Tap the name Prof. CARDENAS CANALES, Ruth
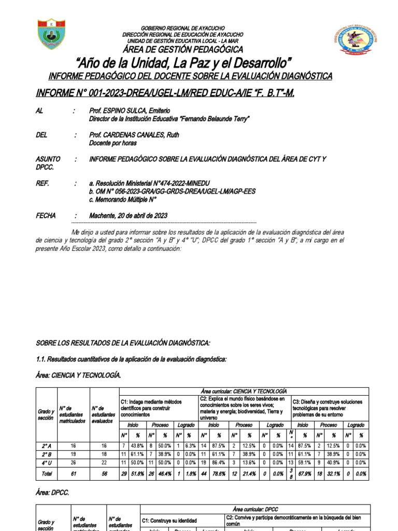(x=134, y=135)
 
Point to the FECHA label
(x=46, y=216)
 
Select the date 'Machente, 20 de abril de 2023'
(x=128, y=216)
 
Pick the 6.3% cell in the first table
(x=190, y=445)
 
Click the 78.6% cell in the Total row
(x=219, y=473)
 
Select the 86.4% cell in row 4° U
(x=219, y=462)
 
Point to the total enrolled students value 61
(x=73, y=473)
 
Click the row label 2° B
(x=45, y=453)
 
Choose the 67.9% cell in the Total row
(x=305, y=473)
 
